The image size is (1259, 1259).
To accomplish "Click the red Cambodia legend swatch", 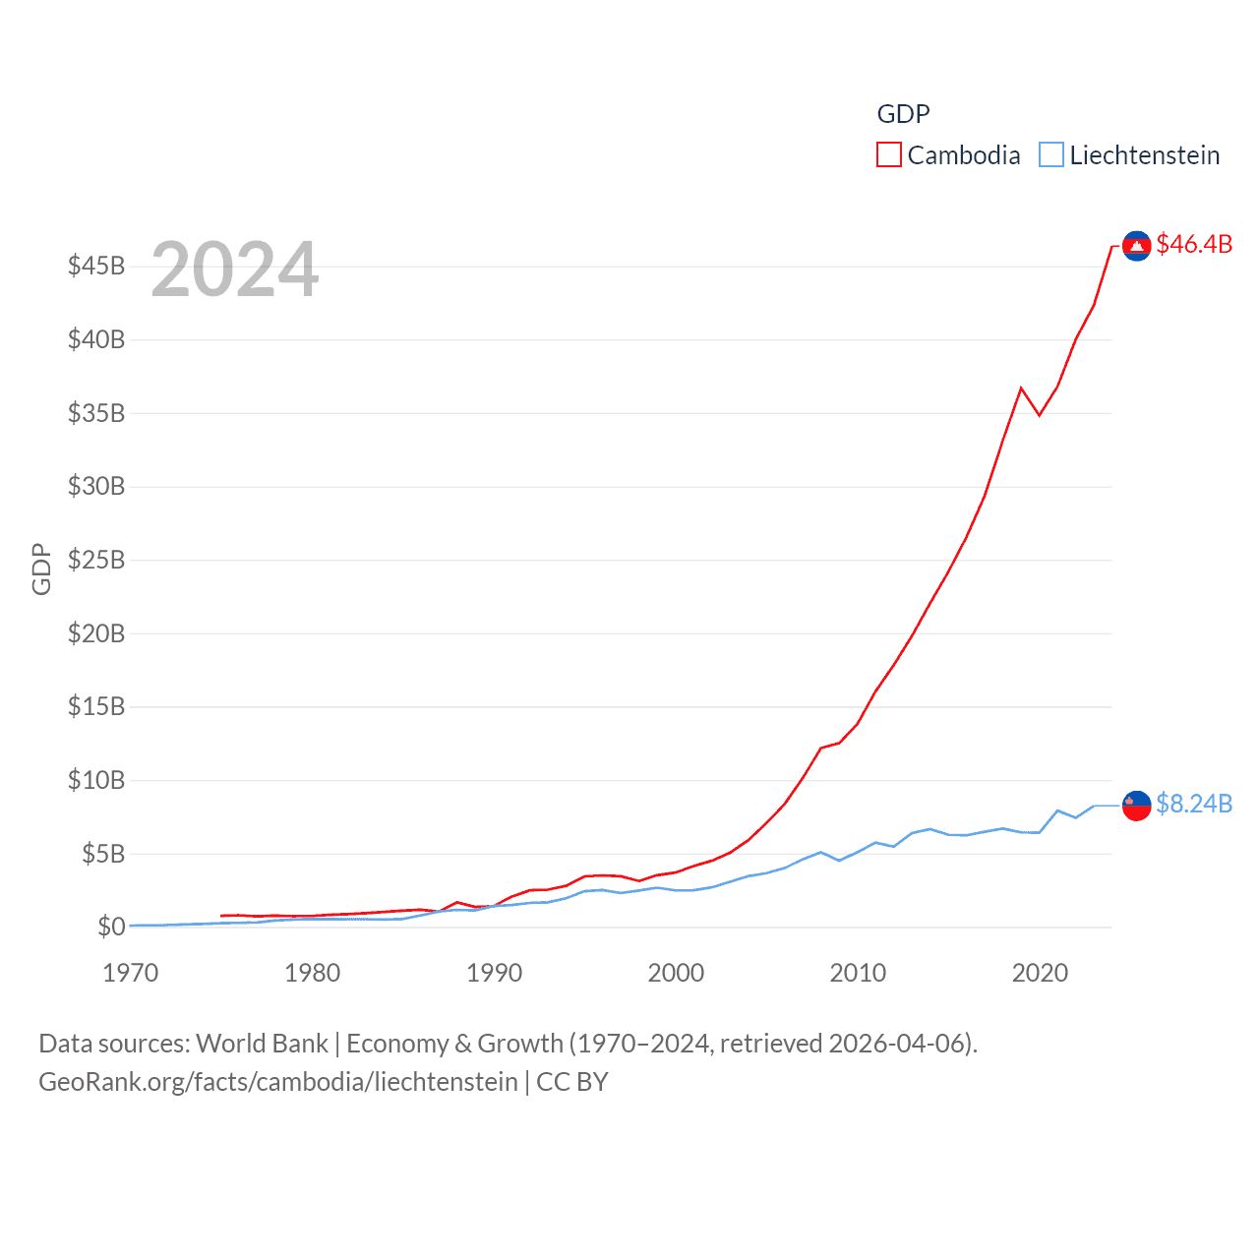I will click(888, 155).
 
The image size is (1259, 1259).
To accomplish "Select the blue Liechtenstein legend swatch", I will click(1051, 155).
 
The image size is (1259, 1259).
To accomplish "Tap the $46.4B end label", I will click(1194, 244).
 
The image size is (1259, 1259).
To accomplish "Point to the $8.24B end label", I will click(1194, 804).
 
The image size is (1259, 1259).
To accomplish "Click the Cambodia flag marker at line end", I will click(1137, 246).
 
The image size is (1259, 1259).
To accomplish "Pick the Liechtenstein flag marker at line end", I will click(1137, 806).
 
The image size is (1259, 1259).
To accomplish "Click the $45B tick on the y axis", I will click(96, 267).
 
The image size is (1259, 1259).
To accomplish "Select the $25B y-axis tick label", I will click(96, 560).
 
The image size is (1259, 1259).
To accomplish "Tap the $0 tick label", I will click(111, 927).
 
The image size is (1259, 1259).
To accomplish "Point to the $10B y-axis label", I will click(96, 780).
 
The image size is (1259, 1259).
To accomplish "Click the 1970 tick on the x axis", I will click(131, 973).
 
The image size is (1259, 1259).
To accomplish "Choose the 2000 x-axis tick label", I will click(676, 973).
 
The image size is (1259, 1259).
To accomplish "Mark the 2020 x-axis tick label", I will click(1040, 973).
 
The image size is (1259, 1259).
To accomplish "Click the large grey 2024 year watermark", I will click(235, 270).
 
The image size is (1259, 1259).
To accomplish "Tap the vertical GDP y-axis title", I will click(41, 569).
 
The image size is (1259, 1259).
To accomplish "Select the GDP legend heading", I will click(903, 114).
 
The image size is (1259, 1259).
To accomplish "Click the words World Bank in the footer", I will click(263, 1044).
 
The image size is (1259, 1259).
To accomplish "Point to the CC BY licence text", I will click(572, 1082).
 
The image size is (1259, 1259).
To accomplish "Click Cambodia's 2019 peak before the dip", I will click(1021, 388).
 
